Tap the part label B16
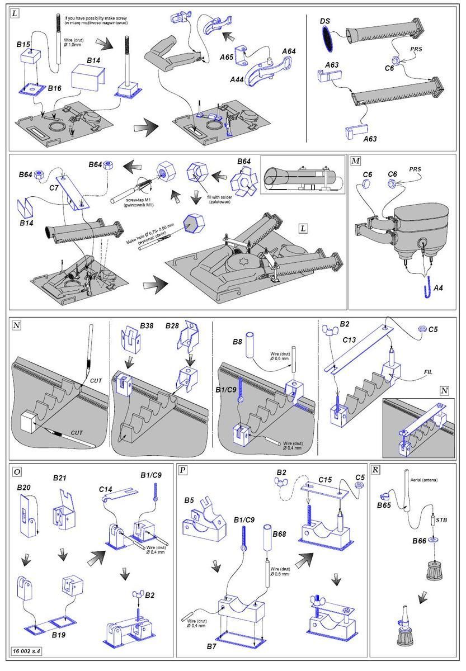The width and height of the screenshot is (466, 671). point(54,88)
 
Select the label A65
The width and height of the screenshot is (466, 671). point(226,57)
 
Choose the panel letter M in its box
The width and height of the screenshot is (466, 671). point(355,161)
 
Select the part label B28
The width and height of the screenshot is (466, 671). point(173,325)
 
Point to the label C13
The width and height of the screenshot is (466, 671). point(349,339)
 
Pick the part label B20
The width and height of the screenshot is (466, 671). point(23,487)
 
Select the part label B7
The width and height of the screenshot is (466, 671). point(210,646)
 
